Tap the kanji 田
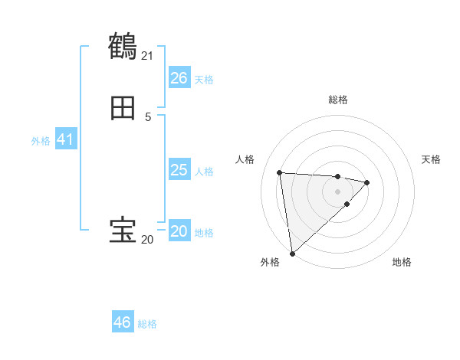click(x=123, y=109)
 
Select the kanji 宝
click(x=123, y=231)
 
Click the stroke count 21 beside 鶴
click(x=147, y=55)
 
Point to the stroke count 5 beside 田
click(x=148, y=116)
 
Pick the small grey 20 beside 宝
click(x=147, y=239)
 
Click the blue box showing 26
click(x=179, y=78)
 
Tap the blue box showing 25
click(x=179, y=170)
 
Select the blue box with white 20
click(x=179, y=231)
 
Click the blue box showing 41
click(x=64, y=139)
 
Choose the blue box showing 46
click(x=122, y=322)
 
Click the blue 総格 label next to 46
click(x=147, y=324)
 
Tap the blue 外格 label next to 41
click(x=41, y=141)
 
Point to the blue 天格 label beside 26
click(x=204, y=80)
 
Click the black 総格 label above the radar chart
click(x=338, y=100)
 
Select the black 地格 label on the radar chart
click(x=402, y=262)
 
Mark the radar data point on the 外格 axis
click(x=292, y=253)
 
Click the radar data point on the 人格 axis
click(x=280, y=172)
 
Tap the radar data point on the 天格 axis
click(x=367, y=182)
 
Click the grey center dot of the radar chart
click(x=337, y=191)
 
